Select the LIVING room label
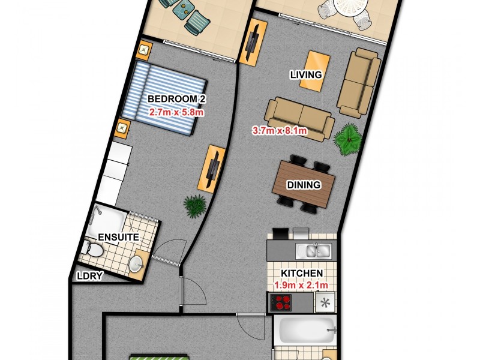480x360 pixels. (x=306, y=75)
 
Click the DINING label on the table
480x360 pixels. (x=304, y=185)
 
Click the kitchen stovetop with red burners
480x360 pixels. (x=281, y=304)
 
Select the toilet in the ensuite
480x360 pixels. (x=94, y=248)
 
